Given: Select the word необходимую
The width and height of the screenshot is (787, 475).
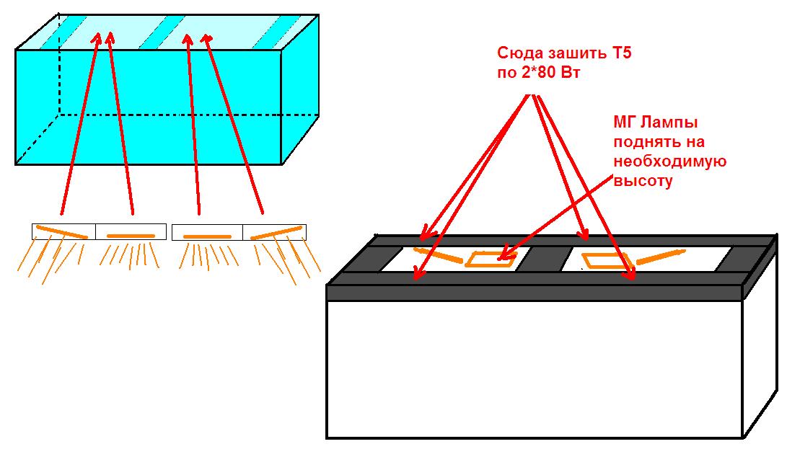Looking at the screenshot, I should (x=669, y=161).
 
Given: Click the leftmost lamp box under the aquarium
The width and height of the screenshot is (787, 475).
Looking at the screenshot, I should (x=63, y=231).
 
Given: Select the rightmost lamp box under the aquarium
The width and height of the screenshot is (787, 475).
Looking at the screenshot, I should (x=274, y=231).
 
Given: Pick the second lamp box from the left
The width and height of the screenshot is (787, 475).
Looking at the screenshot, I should (x=131, y=231).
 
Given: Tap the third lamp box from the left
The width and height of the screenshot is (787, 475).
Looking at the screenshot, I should (x=207, y=231).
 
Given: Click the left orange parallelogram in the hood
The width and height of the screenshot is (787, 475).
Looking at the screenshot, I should (x=491, y=259).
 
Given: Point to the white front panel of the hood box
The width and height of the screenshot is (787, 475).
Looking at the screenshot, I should (x=534, y=368).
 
